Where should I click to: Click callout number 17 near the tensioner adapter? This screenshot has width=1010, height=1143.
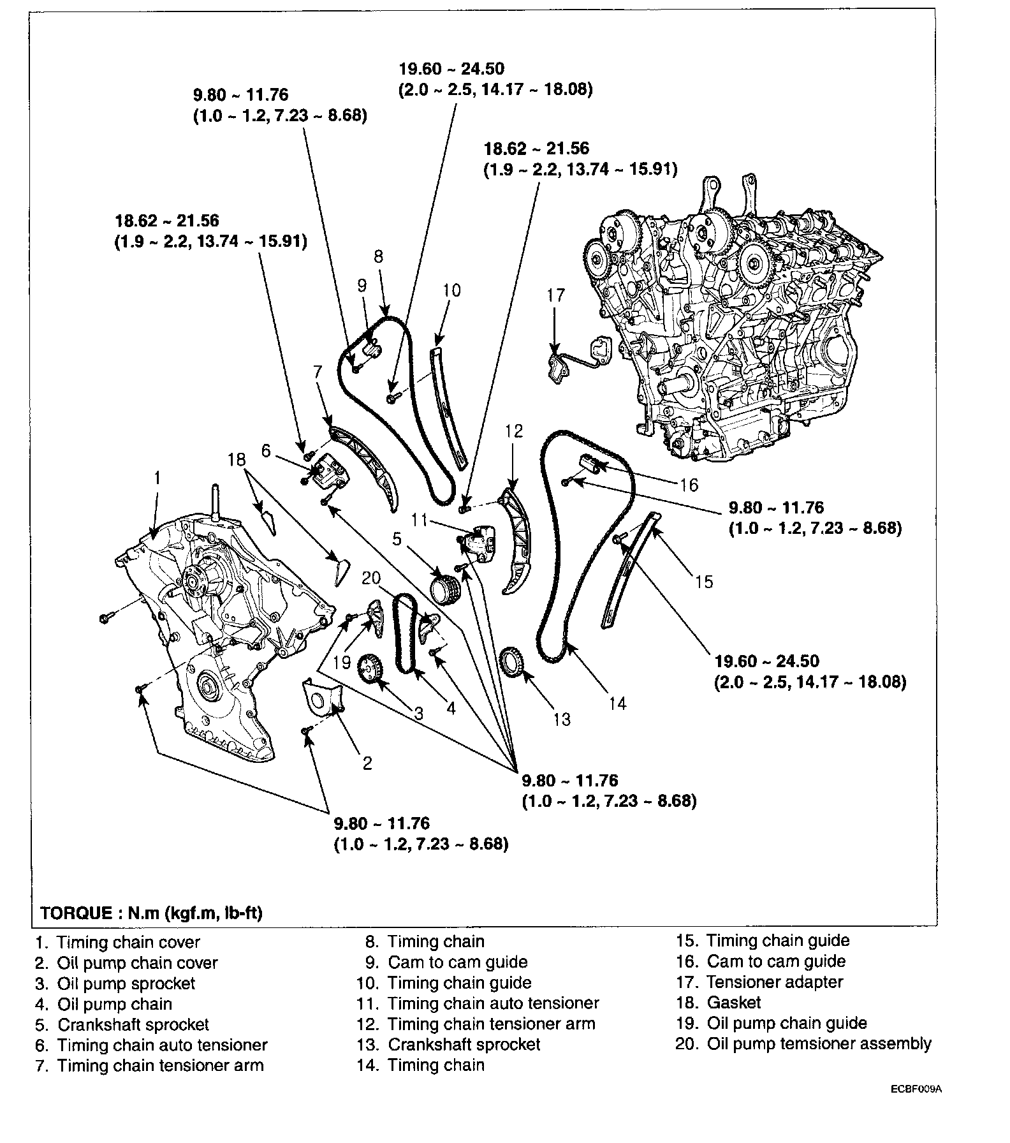click(556, 295)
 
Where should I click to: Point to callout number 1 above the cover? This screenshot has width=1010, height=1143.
click(157, 478)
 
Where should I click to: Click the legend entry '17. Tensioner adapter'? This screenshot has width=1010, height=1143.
click(759, 982)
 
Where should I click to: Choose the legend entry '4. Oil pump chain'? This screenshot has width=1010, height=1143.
click(104, 1004)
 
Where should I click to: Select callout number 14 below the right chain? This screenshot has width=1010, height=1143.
click(618, 704)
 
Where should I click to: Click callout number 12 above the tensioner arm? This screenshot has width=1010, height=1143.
click(514, 431)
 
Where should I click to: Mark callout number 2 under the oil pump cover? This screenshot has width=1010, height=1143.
click(367, 762)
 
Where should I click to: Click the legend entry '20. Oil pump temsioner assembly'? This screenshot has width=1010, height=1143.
click(803, 1043)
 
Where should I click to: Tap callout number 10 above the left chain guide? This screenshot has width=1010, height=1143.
click(451, 290)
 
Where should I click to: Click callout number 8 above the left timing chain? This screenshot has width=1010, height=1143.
click(379, 256)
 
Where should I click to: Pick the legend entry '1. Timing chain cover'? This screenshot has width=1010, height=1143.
click(117, 942)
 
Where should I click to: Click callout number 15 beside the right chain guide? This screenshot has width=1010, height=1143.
click(704, 582)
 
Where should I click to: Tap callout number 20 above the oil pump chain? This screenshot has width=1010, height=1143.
click(371, 578)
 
